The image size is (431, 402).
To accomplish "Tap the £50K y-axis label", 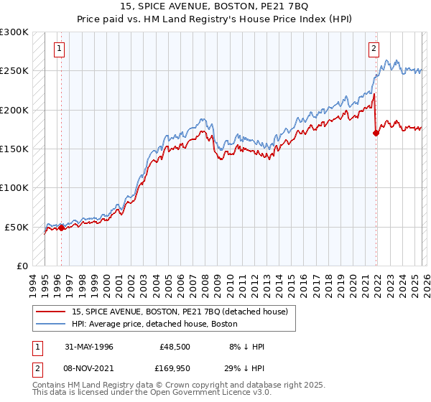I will pyautogui.click(x=17, y=227).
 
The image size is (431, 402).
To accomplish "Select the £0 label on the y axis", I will pyautogui.click(x=23, y=266).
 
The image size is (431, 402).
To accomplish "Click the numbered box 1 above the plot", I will pyautogui.click(x=58, y=49).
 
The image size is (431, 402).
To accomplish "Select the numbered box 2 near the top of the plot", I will pyautogui.click(x=374, y=49).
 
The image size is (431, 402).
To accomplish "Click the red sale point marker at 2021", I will pyautogui.click(x=376, y=133).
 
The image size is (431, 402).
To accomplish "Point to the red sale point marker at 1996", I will pyautogui.click(x=61, y=228).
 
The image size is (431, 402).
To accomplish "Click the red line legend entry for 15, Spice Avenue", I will pyautogui.click(x=180, y=312).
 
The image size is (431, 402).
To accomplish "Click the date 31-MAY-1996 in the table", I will pyautogui.click(x=89, y=347).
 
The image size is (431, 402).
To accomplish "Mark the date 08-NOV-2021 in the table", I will pyautogui.click(x=89, y=369).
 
